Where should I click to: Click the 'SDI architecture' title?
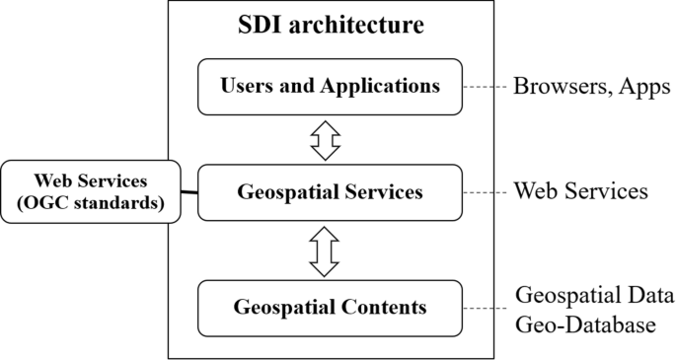tap(331, 25)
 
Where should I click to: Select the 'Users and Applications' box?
tap(330, 87)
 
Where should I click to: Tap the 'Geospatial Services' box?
tap(330, 191)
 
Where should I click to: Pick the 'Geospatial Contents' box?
tap(330, 307)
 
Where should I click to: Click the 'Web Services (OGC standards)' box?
tap(91, 190)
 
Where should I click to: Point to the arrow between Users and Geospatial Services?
tap(325, 139)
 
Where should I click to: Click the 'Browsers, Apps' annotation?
tap(592, 86)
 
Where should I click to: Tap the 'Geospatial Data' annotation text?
tap(595, 296)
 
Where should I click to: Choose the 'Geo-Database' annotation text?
tap(586, 323)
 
